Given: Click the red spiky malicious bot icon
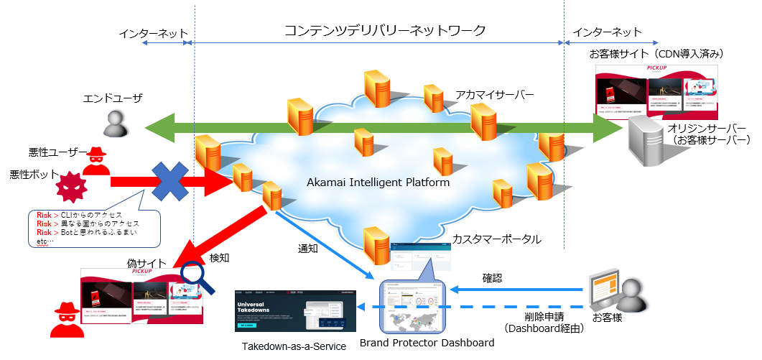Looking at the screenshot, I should [x=72, y=188].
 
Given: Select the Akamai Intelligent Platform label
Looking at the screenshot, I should [x=378, y=183].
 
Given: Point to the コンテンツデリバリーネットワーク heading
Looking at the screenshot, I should [x=385, y=31].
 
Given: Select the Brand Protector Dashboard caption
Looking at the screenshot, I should [x=427, y=343].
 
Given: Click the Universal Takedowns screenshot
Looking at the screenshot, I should [x=295, y=310].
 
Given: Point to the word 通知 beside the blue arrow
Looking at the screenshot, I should [x=309, y=249].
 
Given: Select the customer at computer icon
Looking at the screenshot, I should [x=614, y=292].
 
